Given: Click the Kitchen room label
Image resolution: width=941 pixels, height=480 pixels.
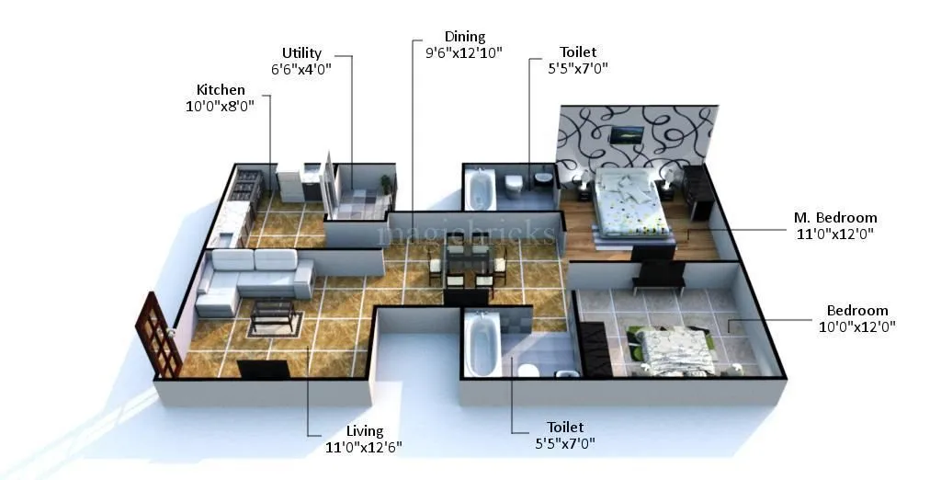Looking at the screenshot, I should [x=221, y=89].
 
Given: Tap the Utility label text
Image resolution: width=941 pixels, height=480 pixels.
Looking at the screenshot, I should [x=301, y=53].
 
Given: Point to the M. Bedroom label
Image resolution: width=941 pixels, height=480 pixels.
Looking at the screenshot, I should [x=834, y=218].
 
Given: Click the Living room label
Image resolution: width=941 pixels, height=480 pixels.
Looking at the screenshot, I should [x=365, y=430].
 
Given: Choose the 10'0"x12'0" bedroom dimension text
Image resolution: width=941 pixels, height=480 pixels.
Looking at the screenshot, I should [x=856, y=326].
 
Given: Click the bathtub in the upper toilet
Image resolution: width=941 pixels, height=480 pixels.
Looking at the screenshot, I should [x=480, y=189].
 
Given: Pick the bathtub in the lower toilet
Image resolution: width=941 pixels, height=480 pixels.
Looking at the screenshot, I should [x=479, y=345].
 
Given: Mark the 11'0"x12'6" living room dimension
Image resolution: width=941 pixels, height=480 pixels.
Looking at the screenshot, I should [x=364, y=446].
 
